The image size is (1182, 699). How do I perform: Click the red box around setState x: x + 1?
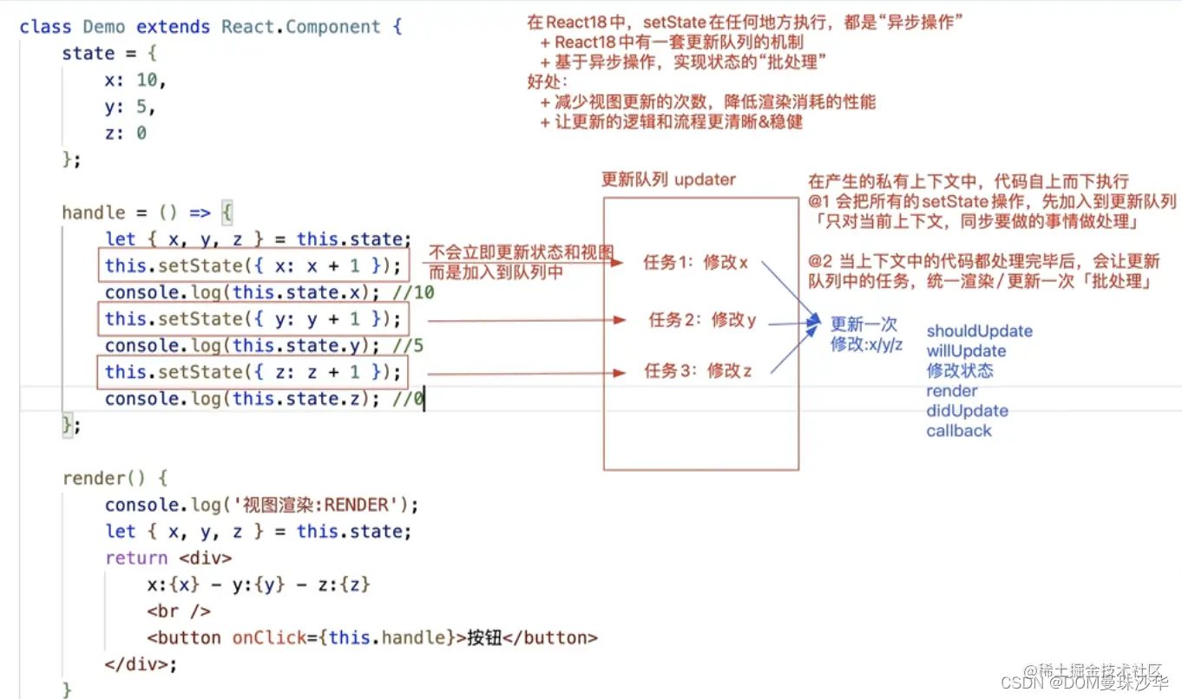253,265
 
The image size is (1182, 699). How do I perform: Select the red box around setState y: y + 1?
253,318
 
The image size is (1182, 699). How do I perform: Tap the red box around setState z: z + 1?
253,372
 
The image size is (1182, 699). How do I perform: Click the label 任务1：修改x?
695,263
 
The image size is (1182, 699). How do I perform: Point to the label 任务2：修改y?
702,320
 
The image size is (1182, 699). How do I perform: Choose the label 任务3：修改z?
698,371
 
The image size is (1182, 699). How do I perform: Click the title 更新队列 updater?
668,180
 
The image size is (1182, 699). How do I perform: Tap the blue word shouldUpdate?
979,331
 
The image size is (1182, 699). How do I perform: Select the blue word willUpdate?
966,351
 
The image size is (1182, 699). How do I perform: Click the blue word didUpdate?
967,411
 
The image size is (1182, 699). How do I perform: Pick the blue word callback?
958,431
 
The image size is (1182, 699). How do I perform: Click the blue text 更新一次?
864,324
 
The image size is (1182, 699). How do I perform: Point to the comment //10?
414,292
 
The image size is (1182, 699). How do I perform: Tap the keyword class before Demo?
45,27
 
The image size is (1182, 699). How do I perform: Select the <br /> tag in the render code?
179,611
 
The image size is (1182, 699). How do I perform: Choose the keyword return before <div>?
136,558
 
